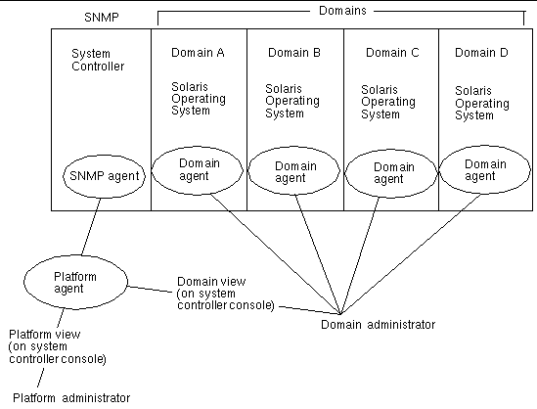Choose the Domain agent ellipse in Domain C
[x=388, y=173]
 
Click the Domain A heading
[x=199, y=52]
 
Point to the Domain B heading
[x=293, y=53]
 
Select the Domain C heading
[x=388, y=53]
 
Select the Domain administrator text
[x=378, y=324]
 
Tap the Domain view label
[x=221, y=292]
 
